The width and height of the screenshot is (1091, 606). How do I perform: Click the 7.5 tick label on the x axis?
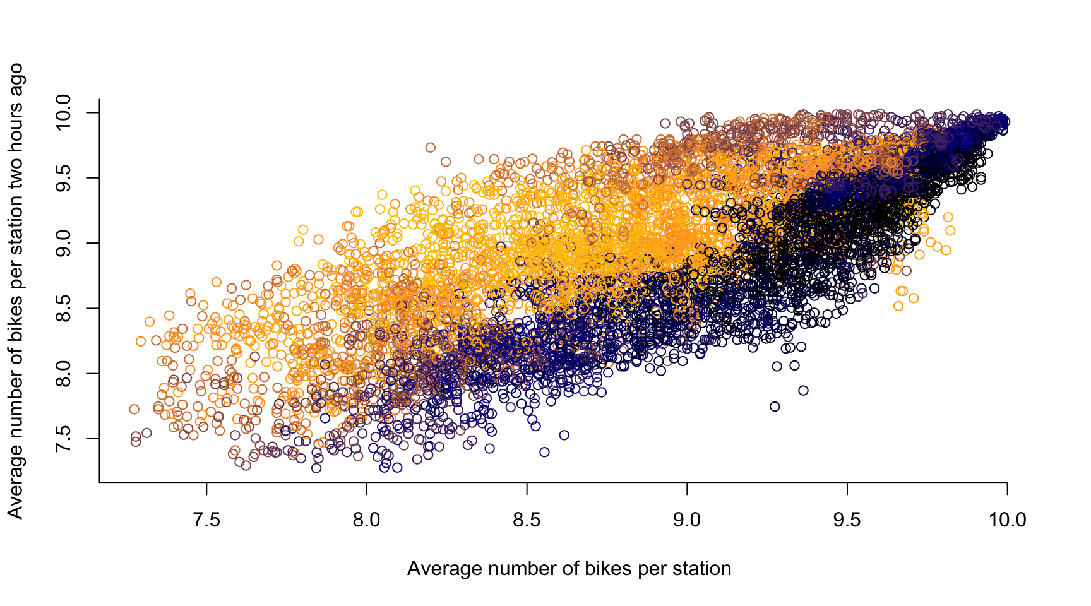[x=206, y=520]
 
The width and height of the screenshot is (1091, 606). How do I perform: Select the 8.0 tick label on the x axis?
[x=367, y=520]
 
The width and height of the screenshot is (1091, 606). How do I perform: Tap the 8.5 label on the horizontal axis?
[x=527, y=520]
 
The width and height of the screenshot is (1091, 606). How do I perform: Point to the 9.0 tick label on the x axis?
[x=687, y=520]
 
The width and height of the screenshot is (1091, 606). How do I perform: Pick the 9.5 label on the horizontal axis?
[x=847, y=520]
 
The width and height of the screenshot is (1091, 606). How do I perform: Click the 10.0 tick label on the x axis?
[x=1007, y=520]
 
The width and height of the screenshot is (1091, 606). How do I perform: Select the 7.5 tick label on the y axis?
[x=63, y=439]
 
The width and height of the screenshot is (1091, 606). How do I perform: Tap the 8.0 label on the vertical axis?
[x=63, y=374]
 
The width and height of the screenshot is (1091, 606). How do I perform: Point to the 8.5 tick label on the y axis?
[x=63, y=308]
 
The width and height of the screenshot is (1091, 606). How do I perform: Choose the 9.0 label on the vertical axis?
[x=63, y=243]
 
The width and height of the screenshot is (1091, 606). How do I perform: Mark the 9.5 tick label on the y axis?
[x=63, y=178]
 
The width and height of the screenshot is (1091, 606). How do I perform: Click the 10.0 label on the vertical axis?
[x=63, y=112]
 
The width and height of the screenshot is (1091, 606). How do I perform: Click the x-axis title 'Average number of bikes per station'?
[x=569, y=569]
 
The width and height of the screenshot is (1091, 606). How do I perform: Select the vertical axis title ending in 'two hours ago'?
[x=15, y=291]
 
